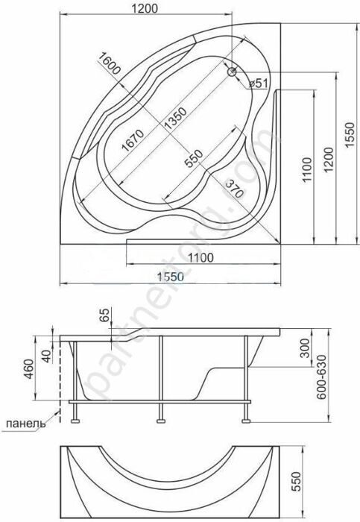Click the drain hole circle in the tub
pyautogui.click(x=232, y=72)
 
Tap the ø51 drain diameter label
pyautogui.click(x=259, y=84)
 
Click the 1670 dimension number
pyautogui.click(x=132, y=140)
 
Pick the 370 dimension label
pyautogui.click(x=235, y=189)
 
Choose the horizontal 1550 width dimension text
pyautogui.click(x=171, y=277)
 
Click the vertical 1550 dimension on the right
pyautogui.click(x=350, y=135)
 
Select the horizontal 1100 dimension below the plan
pyautogui.click(x=200, y=257)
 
